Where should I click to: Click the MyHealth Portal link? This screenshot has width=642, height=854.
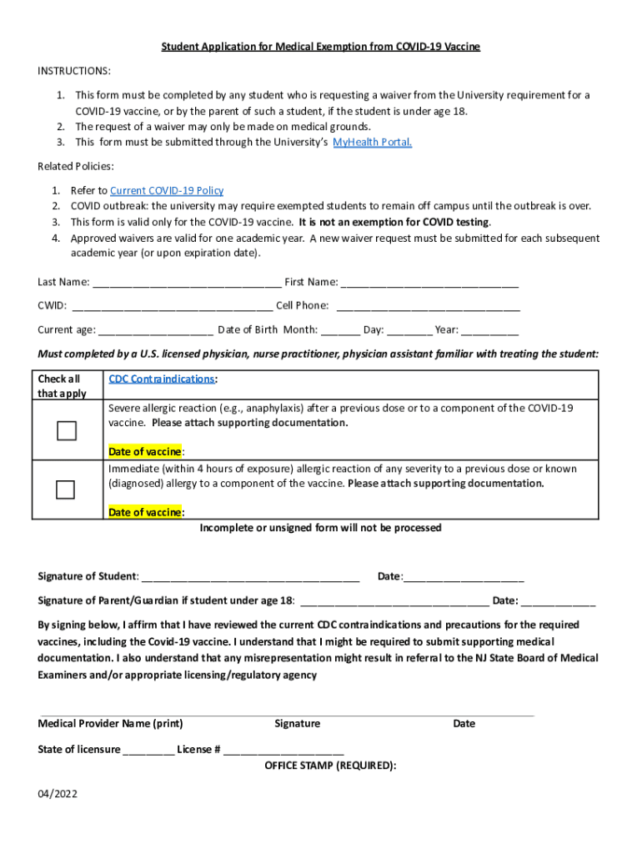(x=372, y=142)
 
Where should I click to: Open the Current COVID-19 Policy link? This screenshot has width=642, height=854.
(x=167, y=190)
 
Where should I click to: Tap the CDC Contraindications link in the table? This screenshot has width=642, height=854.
(x=162, y=379)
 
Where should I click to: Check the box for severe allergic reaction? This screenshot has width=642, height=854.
(x=66, y=430)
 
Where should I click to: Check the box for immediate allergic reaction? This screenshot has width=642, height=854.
(x=66, y=490)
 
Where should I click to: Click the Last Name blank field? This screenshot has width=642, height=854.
(x=187, y=283)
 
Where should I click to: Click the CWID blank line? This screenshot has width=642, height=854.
(x=172, y=306)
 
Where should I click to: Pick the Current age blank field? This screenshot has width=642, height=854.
(x=156, y=329)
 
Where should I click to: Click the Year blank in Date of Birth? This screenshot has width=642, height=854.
(x=489, y=329)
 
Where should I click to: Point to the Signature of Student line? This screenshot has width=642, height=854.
(x=250, y=576)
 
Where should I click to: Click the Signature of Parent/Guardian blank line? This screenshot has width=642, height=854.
(x=394, y=600)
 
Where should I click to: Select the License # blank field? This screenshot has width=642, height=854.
(x=283, y=749)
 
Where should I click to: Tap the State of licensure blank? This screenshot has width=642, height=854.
(x=148, y=749)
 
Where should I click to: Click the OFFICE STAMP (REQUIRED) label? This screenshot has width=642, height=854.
(x=330, y=765)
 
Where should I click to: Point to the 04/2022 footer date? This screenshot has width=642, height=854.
(x=58, y=794)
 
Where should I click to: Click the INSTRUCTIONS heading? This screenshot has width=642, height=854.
(x=74, y=71)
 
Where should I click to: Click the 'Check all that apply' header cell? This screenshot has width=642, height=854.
(x=63, y=385)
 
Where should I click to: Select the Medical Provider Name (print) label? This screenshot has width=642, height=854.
(x=110, y=723)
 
